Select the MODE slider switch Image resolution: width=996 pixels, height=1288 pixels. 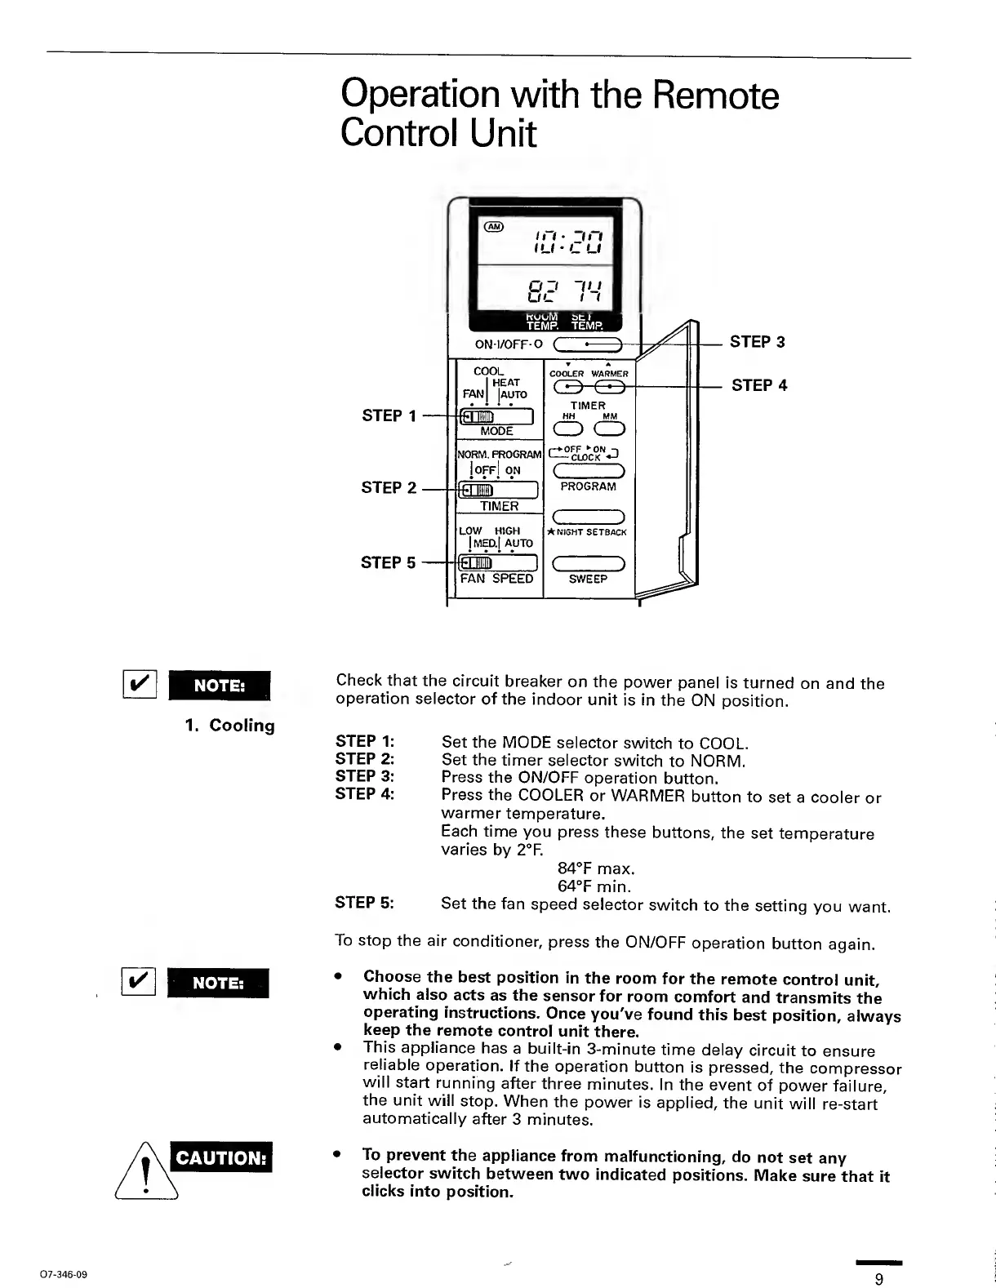click(497, 418)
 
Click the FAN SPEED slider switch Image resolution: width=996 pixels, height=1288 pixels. click(497, 563)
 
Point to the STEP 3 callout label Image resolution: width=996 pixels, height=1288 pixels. click(757, 342)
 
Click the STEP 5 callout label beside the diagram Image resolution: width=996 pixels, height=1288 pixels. click(388, 562)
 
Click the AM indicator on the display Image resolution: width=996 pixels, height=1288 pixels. click(495, 226)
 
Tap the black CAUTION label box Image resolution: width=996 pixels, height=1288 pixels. click(220, 1158)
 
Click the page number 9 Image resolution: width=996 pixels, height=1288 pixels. click(878, 1279)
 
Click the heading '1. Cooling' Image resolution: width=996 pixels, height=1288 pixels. click(229, 726)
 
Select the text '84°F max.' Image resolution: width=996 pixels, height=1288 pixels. click(596, 868)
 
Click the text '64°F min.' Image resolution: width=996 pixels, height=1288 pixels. click(594, 886)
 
